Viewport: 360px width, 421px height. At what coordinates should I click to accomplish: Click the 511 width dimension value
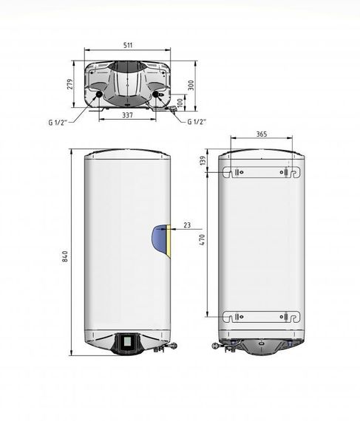click(x=128, y=45)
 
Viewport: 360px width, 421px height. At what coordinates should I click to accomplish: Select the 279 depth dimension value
click(x=69, y=84)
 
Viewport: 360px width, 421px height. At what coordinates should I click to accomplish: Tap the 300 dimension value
click(x=191, y=86)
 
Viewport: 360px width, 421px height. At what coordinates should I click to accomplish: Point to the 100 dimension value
click(x=180, y=103)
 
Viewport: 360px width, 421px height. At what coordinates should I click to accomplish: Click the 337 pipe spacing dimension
click(x=127, y=115)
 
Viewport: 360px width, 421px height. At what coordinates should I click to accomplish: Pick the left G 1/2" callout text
click(x=58, y=123)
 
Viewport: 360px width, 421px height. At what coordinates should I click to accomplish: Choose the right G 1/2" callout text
click(x=197, y=122)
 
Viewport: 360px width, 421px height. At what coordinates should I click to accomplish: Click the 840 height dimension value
click(x=65, y=256)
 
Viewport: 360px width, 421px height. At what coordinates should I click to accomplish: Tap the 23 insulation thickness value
click(x=187, y=225)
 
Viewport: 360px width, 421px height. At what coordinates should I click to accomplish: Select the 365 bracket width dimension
click(x=262, y=134)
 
